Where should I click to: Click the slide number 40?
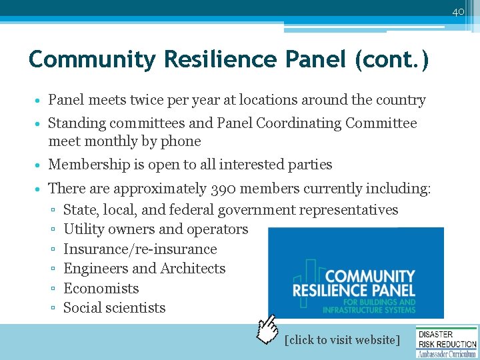(x=458, y=12)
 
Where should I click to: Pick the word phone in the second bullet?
(x=181, y=141)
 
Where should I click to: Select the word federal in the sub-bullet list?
(x=195, y=210)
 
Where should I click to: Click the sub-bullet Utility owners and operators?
(x=155, y=229)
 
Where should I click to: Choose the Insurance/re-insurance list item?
(x=140, y=249)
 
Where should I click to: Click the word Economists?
(x=101, y=289)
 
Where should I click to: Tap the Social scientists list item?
(x=114, y=308)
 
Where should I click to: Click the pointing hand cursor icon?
(x=269, y=329)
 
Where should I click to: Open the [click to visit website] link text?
(x=342, y=340)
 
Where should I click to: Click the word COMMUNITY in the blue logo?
(x=370, y=276)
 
